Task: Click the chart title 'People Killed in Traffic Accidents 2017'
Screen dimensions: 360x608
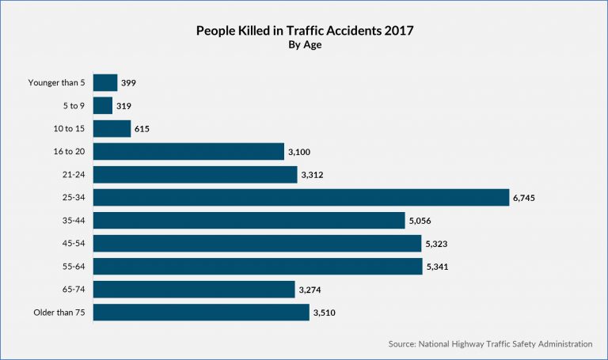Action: point(303,32)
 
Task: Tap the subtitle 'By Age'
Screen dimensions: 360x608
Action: point(303,46)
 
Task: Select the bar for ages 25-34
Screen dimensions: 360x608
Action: point(301,197)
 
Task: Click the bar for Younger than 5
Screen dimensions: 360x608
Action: point(105,82)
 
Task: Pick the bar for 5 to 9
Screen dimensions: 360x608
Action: point(103,105)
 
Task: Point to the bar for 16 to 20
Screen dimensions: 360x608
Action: point(188,151)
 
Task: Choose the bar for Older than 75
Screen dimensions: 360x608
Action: point(201,313)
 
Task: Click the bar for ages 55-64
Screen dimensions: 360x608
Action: point(257,267)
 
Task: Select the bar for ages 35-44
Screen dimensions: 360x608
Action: point(249,220)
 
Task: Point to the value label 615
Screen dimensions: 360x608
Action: point(142,129)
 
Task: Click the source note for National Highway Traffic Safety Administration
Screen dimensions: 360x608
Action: point(490,344)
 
